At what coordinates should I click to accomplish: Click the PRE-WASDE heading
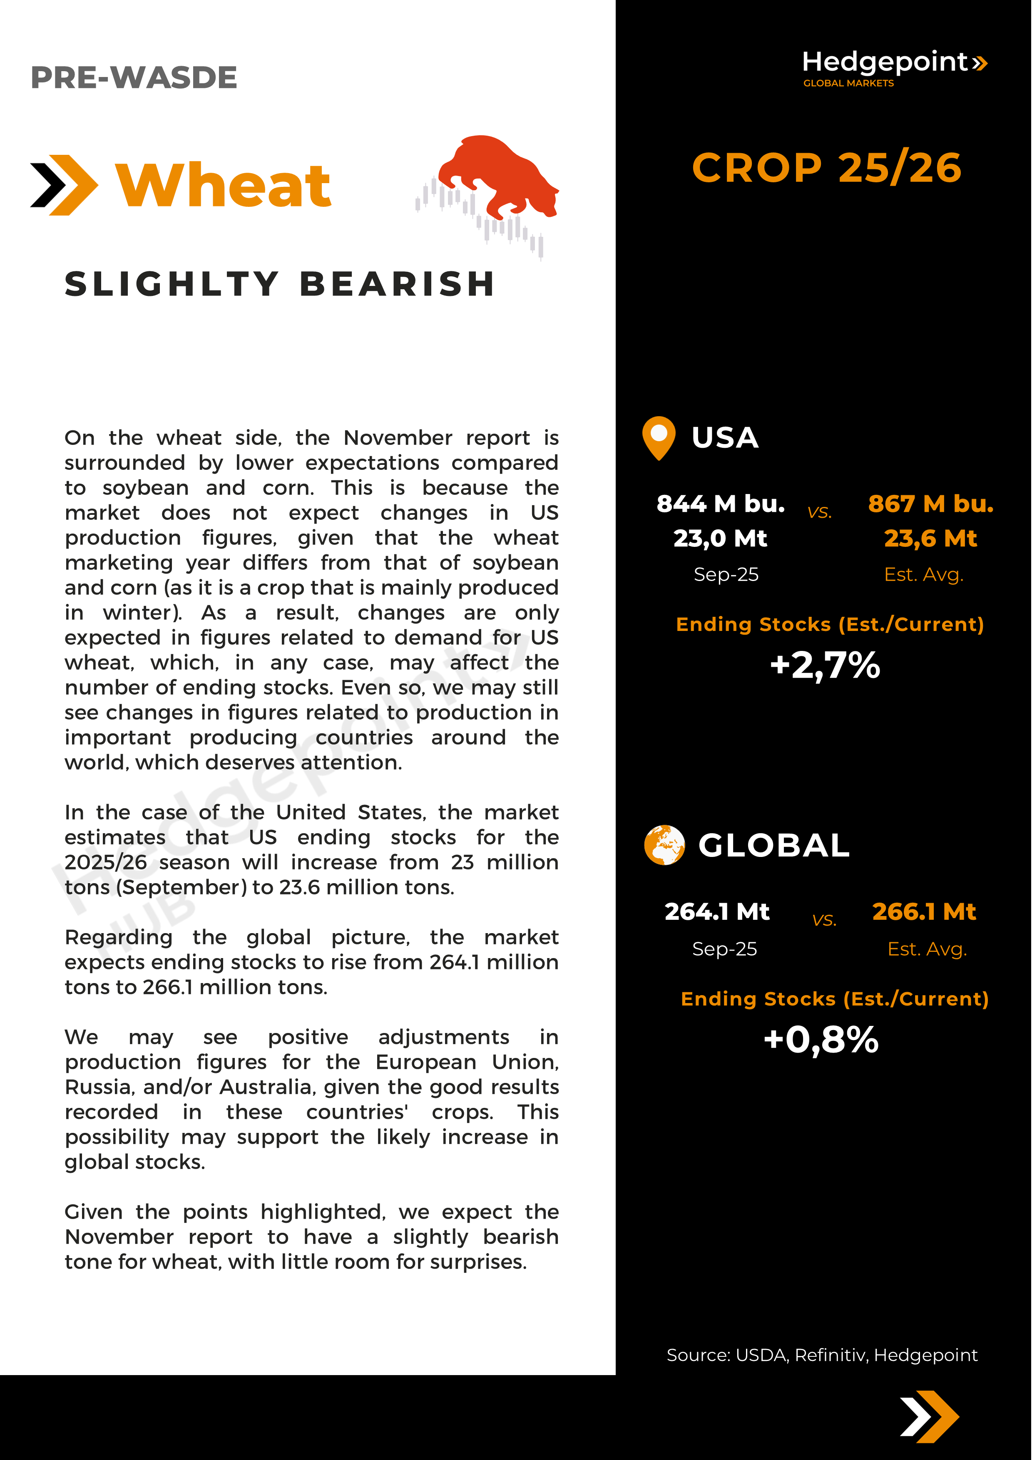(x=134, y=77)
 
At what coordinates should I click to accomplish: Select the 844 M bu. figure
(x=721, y=504)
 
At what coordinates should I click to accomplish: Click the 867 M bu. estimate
(x=930, y=504)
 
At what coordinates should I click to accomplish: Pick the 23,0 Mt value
(x=721, y=539)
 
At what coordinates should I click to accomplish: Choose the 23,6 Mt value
(x=930, y=539)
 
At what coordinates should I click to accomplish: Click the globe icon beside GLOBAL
(x=664, y=845)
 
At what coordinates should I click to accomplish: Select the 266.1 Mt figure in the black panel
(x=924, y=911)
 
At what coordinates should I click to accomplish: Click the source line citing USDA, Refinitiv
(x=821, y=1355)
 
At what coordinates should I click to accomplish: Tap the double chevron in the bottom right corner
(x=929, y=1417)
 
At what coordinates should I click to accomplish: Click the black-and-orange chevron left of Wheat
(x=64, y=185)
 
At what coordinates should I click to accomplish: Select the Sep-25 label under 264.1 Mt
(x=724, y=949)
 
